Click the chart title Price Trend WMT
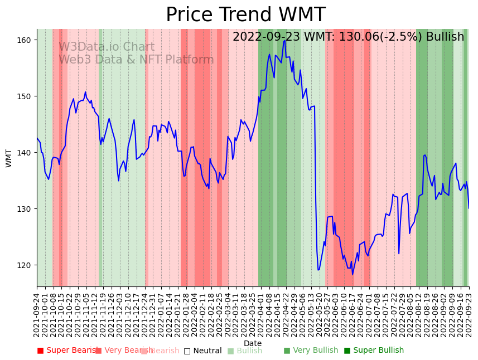pyautogui.click(x=245, y=15)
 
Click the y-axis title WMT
pyautogui.click(x=9, y=158)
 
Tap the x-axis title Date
pyautogui.click(x=253, y=343)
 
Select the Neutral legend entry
pyautogui.click(x=203, y=351)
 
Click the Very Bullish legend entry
pyautogui.click(x=311, y=351)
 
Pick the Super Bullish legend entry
pyautogui.click(x=374, y=351)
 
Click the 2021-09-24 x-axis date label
pyautogui.click(x=37, y=315)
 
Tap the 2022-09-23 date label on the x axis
pyautogui.click(x=469, y=315)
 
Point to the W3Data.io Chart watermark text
pyautogui.click(x=107, y=47)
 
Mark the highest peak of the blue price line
pyautogui.click(x=284, y=40)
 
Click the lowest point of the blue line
pyautogui.click(x=353, y=274)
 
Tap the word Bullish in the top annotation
pyautogui.click(x=445, y=37)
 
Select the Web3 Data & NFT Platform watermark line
pyautogui.click(x=136, y=60)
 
